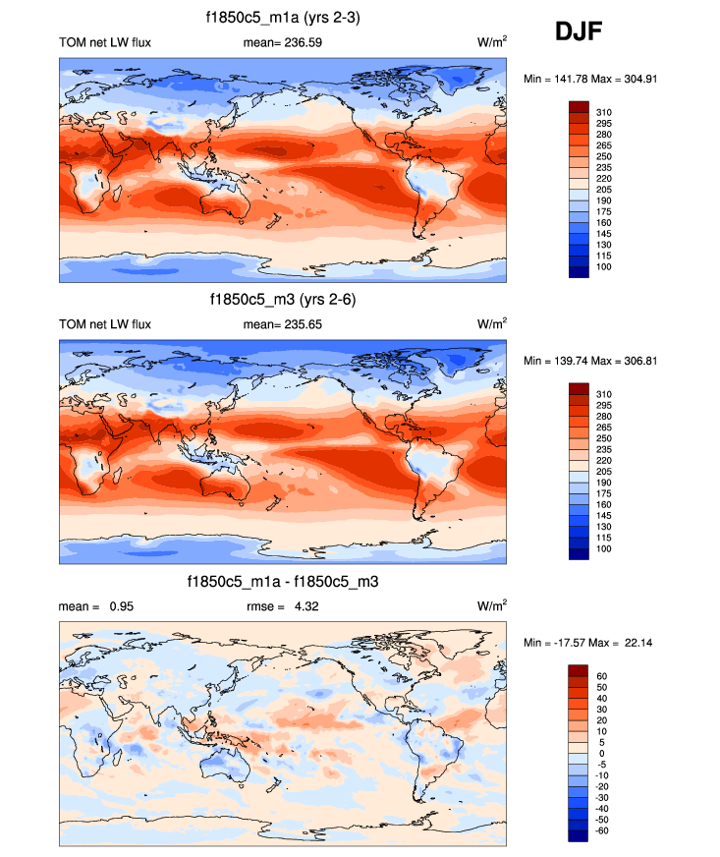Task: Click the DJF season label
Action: (x=578, y=33)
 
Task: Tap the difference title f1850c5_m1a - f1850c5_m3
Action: (x=283, y=582)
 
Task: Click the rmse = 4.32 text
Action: (x=282, y=606)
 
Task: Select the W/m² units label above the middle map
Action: (x=492, y=324)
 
